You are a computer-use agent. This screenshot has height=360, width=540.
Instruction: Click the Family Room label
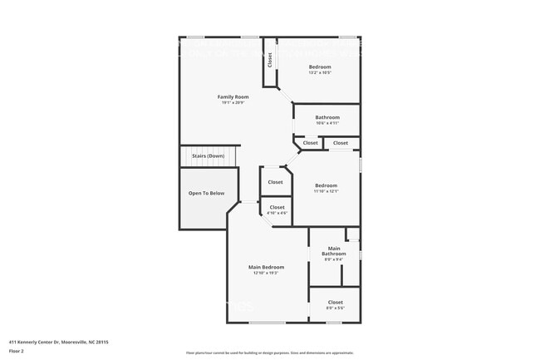tap(233, 96)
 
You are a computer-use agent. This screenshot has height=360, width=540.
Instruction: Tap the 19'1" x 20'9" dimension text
tap(233, 103)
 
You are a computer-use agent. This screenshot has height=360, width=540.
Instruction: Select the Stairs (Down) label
tap(208, 156)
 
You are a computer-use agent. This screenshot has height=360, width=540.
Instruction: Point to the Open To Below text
tap(206, 193)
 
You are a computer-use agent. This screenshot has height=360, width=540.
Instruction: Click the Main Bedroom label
tap(266, 267)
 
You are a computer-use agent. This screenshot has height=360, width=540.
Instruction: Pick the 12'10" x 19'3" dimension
tap(266, 274)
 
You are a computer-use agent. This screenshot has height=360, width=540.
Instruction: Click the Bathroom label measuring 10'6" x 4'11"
tap(327, 117)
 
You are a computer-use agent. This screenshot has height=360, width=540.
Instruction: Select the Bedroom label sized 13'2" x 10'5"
tap(320, 67)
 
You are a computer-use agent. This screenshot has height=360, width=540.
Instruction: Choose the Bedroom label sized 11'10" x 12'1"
tap(326, 185)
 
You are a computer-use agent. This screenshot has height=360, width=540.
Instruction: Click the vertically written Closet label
tap(269, 61)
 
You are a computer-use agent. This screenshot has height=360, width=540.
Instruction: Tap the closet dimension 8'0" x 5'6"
tap(335, 308)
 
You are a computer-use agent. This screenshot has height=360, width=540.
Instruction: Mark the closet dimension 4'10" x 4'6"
tap(277, 214)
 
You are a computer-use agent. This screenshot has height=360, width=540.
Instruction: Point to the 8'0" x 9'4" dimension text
tap(334, 259)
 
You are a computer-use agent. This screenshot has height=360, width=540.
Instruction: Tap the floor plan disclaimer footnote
tap(269, 353)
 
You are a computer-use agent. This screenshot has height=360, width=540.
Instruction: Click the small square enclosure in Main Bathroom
tap(352, 234)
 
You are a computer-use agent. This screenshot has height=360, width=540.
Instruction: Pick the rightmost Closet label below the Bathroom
tap(341, 143)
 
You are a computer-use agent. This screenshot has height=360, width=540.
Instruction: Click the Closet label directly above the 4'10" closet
tap(275, 181)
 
